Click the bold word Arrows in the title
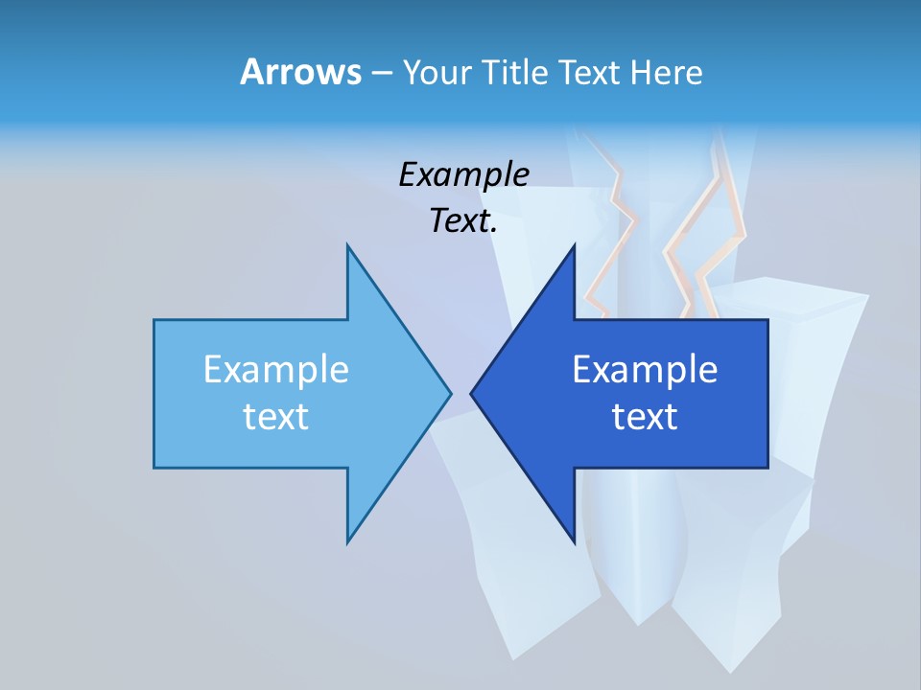tap(299, 72)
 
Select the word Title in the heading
tap(518, 73)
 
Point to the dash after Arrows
tap(381, 74)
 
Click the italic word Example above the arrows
tap(463, 175)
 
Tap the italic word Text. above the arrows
tap(463, 221)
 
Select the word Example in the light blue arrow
tap(276, 370)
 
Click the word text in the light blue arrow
tap(276, 417)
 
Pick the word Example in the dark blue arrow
tap(645, 370)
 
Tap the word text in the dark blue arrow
tap(645, 417)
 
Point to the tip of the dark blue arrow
tap(473, 393)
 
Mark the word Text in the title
tap(588, 73)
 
